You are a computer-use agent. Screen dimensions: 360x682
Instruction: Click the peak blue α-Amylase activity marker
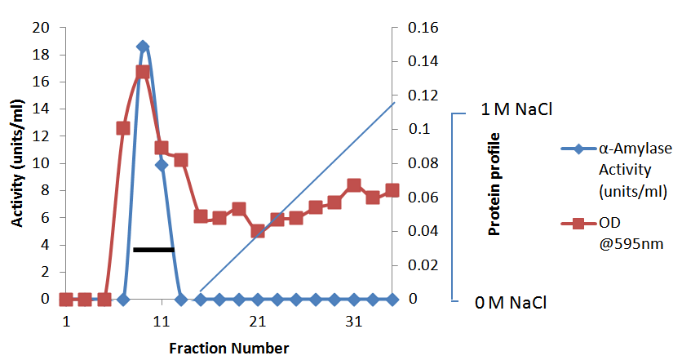[143, 47]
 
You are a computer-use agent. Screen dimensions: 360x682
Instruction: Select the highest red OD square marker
[143, 72]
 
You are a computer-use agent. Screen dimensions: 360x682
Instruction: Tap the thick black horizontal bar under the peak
[153, 249]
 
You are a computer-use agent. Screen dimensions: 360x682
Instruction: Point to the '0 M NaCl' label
[508, 304]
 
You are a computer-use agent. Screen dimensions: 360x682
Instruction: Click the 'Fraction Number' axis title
[228, 349]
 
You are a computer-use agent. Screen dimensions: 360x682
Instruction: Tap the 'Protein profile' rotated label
[494, 184]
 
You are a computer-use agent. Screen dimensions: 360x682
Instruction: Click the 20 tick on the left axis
[42, 28]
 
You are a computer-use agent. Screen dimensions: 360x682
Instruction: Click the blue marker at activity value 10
[162, 165]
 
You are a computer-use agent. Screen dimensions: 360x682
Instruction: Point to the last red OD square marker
[392, 190]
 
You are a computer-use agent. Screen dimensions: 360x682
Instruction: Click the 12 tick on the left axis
[42, 136]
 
